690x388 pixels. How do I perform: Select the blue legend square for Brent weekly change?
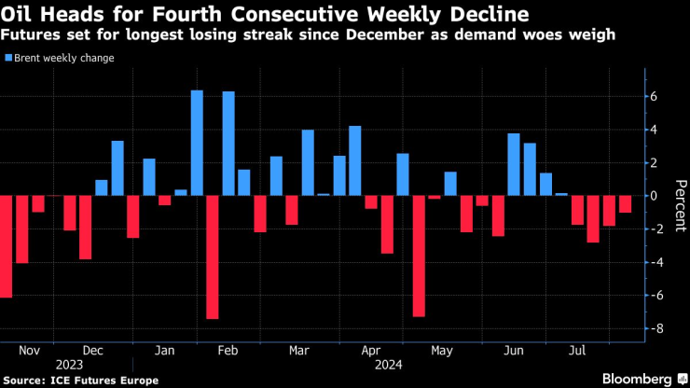[x=8, y=58]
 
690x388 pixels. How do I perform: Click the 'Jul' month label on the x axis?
[x=577, y=351]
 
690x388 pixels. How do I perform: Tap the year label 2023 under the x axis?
[x=70, y=365]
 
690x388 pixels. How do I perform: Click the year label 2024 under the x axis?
[x=388, y=365]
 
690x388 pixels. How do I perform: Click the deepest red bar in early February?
[x=213, y=257]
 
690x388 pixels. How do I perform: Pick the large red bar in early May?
[x=419, y=256]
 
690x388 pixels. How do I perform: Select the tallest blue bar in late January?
[x=197, y=143]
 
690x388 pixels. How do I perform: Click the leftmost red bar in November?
[x=6, y=246]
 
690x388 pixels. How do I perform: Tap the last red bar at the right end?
[x=625, y=204]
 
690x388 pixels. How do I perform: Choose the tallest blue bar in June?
[x=514, y=164]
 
